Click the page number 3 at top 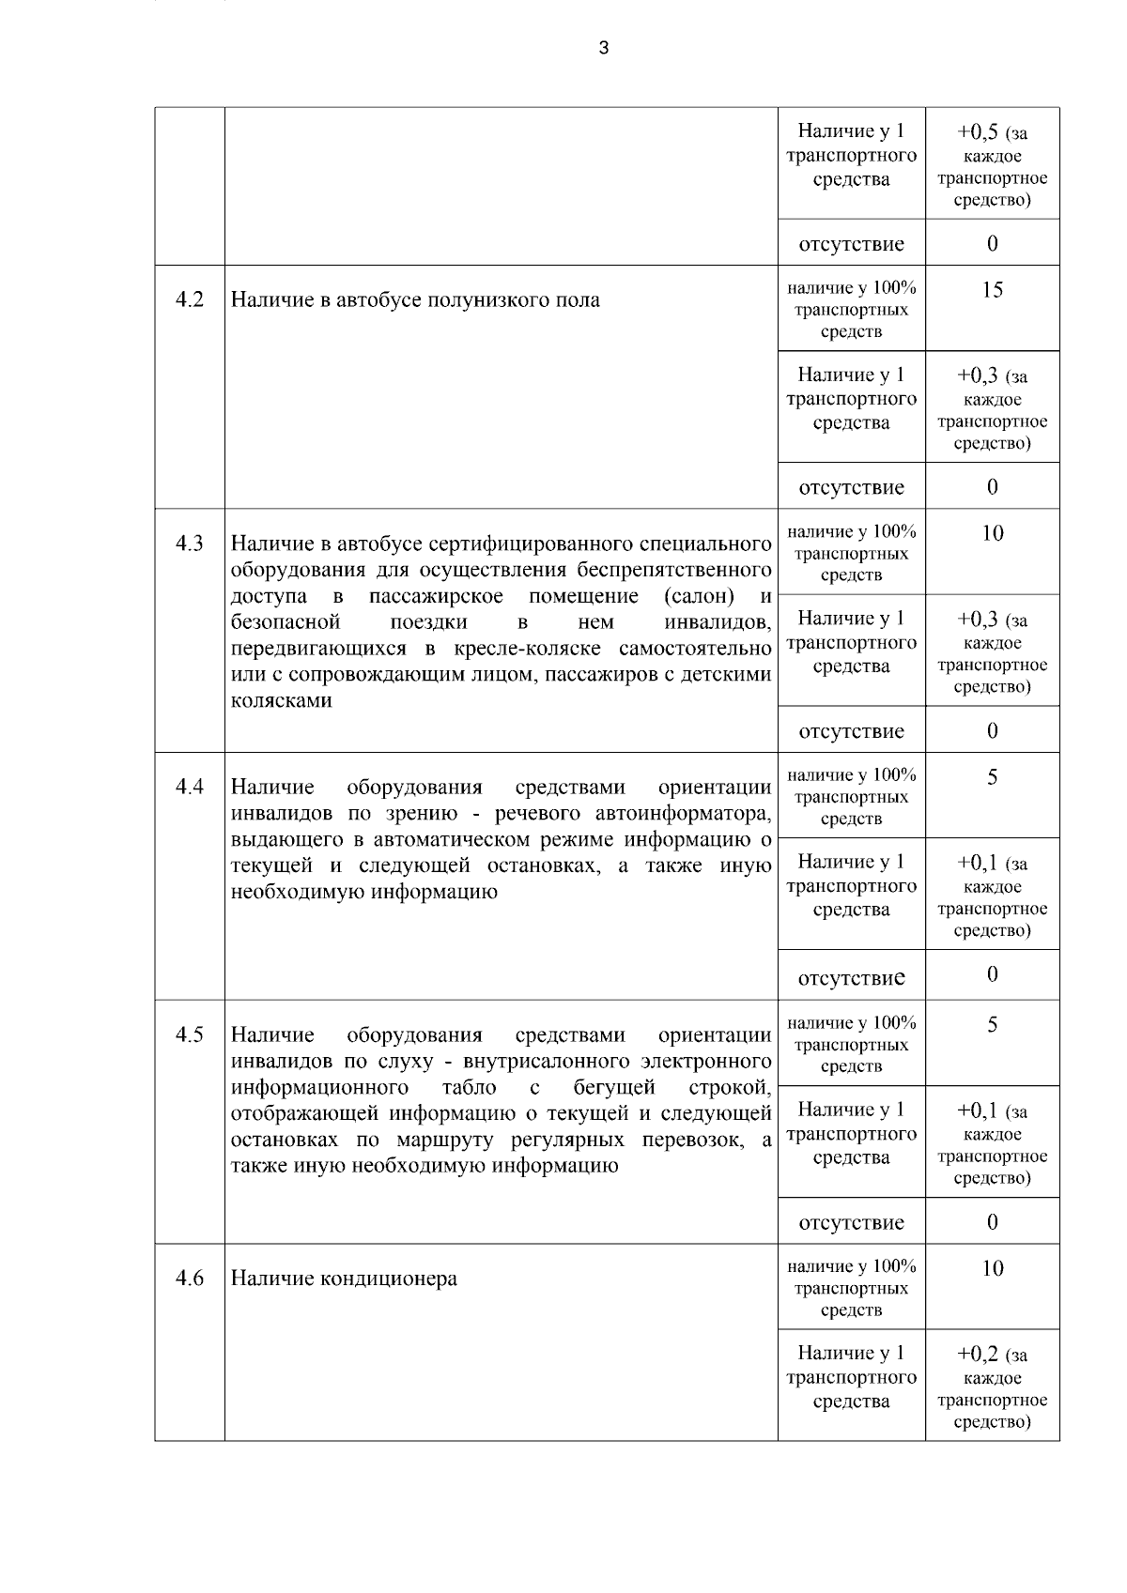[603, 48]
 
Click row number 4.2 [190, 300]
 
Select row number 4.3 [190, 544]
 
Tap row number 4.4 [190, 787]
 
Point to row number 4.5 [190, 1034]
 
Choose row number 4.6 [190, 1279]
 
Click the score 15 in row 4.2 [992, 290]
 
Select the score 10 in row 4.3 [992, 533]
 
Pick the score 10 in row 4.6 [992, 1268]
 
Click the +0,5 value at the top [977, 132]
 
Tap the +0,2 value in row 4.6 [977, 1355]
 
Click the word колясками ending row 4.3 [281, 700]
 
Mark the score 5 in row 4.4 [992, 777]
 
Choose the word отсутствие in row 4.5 [851, 1222]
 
